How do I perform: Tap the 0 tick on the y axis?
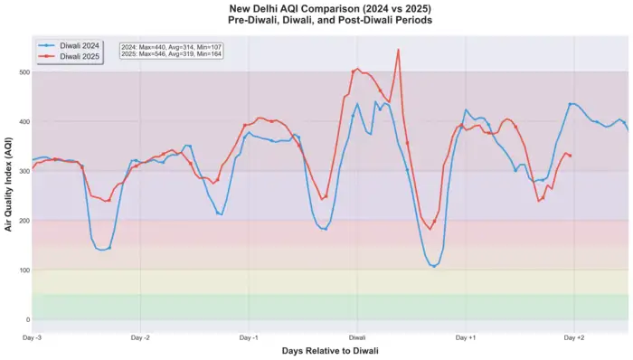point(27,320)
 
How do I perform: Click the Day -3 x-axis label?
point(33,337)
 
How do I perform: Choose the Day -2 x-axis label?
point(140,337)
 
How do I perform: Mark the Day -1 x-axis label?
point(249,337)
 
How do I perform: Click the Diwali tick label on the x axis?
point(357,337)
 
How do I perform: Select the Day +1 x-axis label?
point(465,337)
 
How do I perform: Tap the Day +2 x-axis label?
point(573,337)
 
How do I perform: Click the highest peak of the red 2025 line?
point(398,49)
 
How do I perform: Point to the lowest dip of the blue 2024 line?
point(434,267)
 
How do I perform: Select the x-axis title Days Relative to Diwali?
point(329,351)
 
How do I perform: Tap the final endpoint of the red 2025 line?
point(570,156)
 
